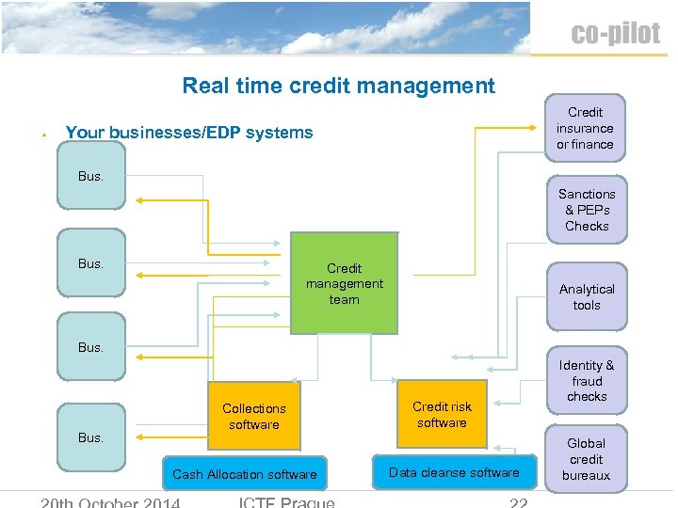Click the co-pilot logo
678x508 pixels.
point(615,35)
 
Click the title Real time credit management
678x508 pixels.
point(338,86)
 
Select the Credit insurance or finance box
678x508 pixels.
point(585,128)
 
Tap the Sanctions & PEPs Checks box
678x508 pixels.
point(587,210)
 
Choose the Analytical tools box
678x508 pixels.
point(587,297)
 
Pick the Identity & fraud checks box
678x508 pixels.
point(587,380)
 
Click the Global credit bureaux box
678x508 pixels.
point(586,459)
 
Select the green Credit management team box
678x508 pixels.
point(344,283)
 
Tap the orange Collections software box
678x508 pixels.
point(253,416)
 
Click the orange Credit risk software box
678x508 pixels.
point(442,414)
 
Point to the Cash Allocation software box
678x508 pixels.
point(245,474)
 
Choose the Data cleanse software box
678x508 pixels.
point(454,472)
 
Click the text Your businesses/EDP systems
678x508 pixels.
point(188,133)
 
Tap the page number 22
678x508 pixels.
point(519,502)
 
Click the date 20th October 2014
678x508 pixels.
point(111,501)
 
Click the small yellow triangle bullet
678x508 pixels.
point(44,135)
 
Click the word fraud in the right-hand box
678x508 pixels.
point(587,381)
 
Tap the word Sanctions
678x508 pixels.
point(587,194)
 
